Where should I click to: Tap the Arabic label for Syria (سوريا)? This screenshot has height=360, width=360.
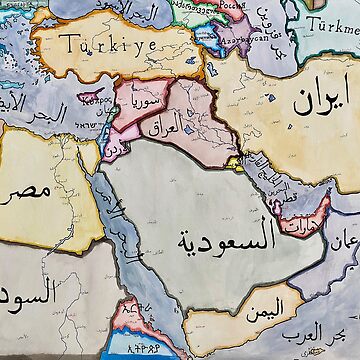point(137,102)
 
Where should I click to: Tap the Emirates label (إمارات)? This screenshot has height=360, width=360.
point(298,213)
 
